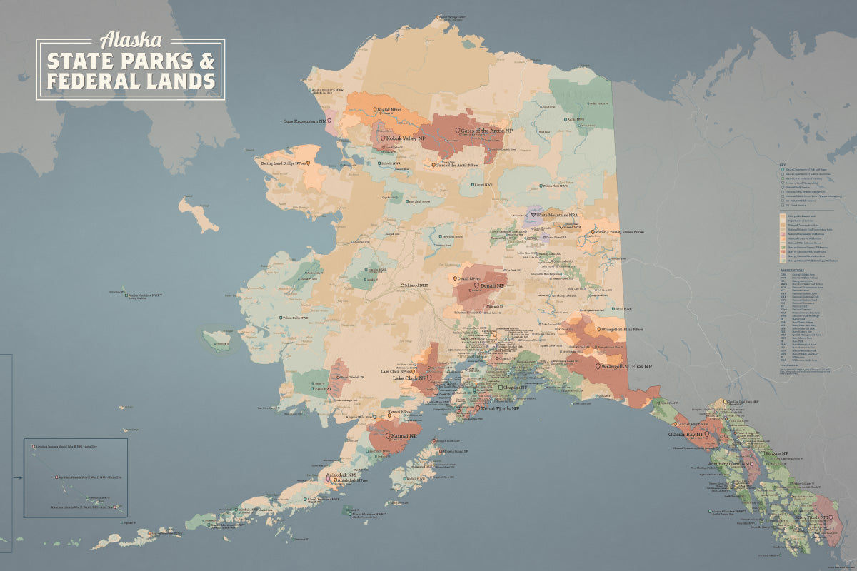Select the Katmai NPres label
[401, 413]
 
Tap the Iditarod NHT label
[421, 285]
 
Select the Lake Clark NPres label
[395, 371]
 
